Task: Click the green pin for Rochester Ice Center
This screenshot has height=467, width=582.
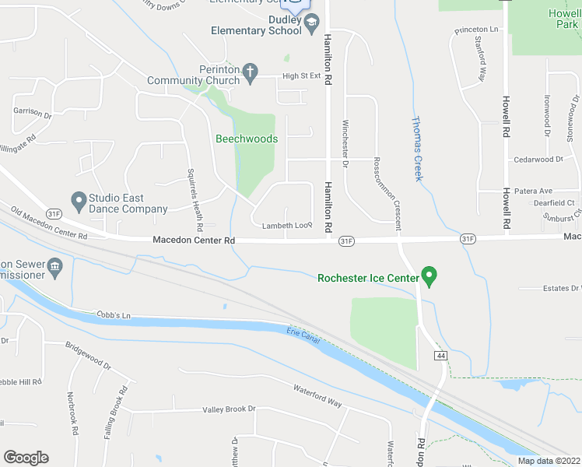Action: point(428,276)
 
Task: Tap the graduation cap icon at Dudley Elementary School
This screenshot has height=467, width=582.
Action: point(311,30)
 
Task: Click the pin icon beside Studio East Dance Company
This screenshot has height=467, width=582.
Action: point(78,201)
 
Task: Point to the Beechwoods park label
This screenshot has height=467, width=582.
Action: point(247,139)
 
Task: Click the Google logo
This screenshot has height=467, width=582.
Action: point(26,458)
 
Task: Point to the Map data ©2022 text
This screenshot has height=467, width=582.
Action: point(548,461)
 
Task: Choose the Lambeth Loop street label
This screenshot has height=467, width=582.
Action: point(287,226)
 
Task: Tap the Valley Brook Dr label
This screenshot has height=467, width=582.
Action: point(229,409)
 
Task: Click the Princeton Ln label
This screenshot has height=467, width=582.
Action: point(475,30)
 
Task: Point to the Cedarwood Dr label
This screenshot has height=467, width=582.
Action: point(538,160)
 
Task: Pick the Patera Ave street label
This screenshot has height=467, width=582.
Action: point(534,191)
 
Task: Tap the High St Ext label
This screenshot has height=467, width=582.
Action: point(301,75)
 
